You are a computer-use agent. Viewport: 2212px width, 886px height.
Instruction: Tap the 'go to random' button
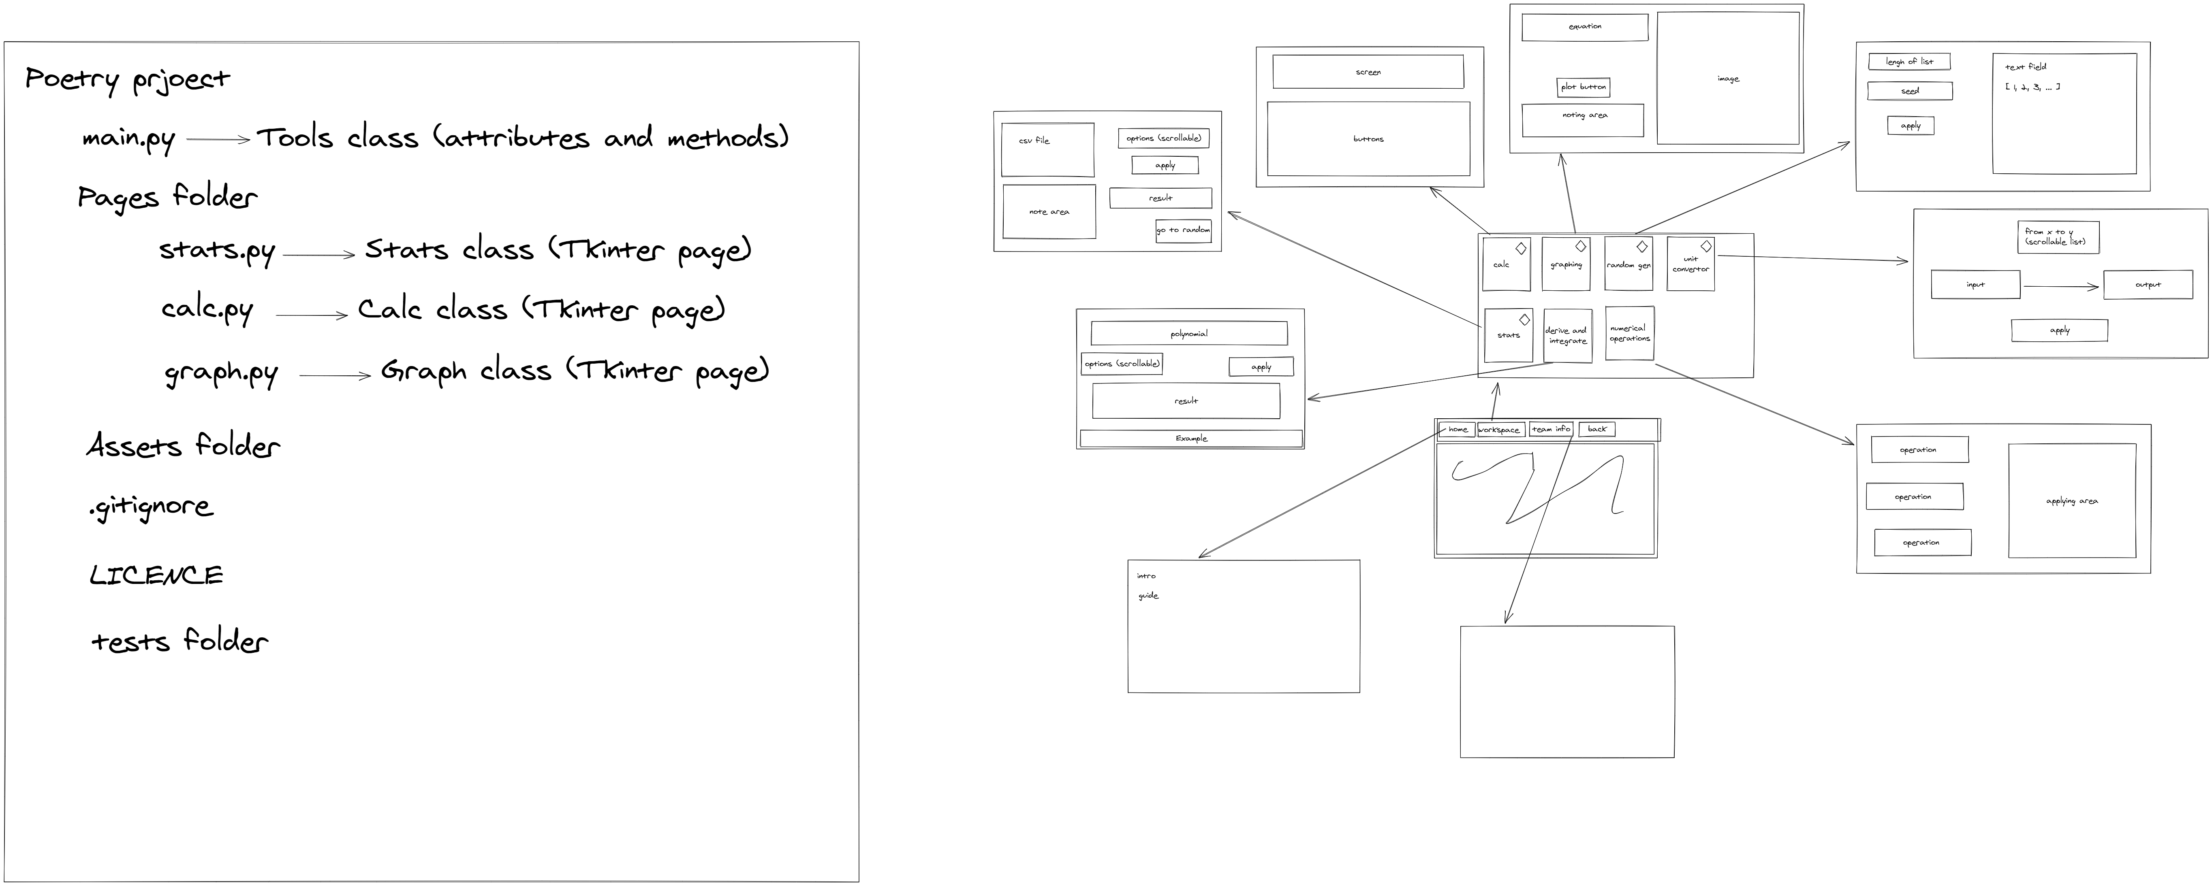click(x=1183, y=230)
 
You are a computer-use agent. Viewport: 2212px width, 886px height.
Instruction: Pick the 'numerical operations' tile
click(x=1629, y=333)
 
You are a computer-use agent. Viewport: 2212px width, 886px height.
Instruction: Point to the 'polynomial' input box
click(x=1188, y=333)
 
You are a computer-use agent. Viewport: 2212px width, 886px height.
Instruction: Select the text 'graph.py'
click(x=221, y=373)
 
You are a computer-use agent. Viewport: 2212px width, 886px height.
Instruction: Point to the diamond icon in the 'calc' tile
click(x=1521, y=248)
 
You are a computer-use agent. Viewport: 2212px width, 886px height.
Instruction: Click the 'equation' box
click(x=1584, y=27)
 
